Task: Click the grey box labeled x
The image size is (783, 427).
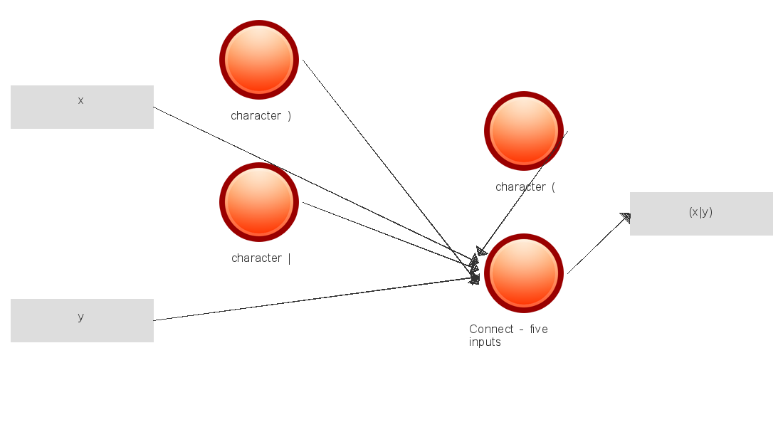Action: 82,107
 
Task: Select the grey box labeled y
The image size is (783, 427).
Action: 82,320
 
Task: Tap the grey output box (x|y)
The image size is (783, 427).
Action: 701,213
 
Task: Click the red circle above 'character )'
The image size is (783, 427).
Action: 259,60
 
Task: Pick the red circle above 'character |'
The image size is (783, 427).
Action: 259,202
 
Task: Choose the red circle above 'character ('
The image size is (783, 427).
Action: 524,131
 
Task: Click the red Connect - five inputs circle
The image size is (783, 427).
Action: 524,273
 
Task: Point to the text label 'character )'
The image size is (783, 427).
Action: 261,116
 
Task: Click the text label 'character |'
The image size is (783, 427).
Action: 261,258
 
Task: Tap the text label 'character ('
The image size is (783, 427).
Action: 525,187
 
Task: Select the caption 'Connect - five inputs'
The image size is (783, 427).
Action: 508,335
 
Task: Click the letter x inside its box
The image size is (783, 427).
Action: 80,100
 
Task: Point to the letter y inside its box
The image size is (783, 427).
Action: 80,317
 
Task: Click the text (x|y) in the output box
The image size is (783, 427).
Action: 700,212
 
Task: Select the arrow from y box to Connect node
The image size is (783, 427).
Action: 313,300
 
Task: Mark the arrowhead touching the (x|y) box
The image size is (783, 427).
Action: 626,217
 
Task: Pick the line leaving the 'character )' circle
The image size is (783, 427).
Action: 384,163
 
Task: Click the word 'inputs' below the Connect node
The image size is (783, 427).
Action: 485,342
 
